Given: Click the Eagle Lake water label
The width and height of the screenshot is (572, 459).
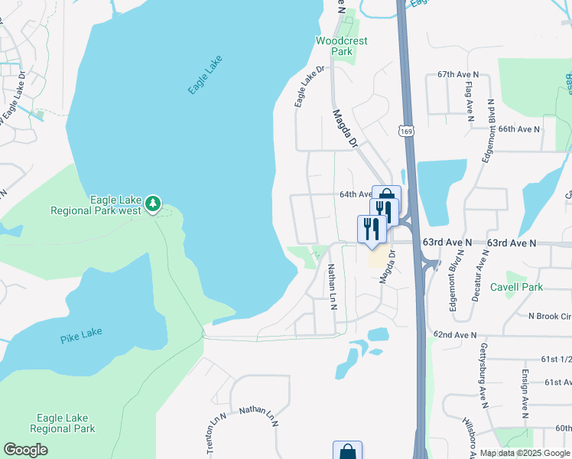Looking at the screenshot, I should pyautogui.click(x=205, y=76).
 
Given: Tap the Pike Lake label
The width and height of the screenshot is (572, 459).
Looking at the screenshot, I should pyautogui.click(x=80, y=334).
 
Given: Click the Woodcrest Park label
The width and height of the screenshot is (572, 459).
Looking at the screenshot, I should pyautogui.click(x=342, y=46).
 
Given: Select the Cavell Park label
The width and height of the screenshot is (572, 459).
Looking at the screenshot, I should pyautogui.click(x=516, y=287).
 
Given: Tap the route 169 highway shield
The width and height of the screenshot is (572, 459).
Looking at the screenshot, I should pyautogui.click(x=406, y=132).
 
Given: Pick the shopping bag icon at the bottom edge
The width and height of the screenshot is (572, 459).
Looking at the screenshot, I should pyautogui.click(x=347, y=451).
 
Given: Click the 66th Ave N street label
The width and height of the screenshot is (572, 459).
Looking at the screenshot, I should pyautogui.click(x=519, y=129).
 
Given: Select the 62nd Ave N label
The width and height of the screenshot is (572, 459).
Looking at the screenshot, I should pyautogui.click(x=454, y=335).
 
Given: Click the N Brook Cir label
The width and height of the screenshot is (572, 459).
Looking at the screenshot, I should pyautogui.click(x=549, y=316).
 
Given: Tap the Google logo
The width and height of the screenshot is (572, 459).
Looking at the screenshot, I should pyautogui.click(x=25, y=450).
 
